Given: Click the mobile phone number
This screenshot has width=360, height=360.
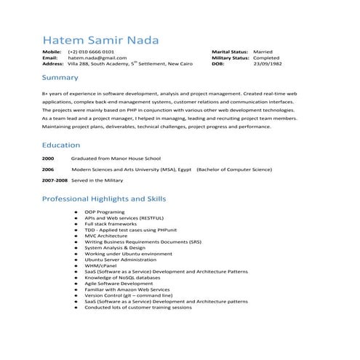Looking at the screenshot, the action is pos(90,53).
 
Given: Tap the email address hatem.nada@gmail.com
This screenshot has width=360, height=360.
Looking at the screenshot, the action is pos(92,59).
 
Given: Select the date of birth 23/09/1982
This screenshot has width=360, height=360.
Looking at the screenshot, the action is pos(265,64).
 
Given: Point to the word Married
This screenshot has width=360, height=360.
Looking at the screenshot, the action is pos(263,53).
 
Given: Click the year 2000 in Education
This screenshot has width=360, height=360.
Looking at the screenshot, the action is pos(48,158).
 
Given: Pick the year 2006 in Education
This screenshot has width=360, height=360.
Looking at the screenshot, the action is pos(48,168).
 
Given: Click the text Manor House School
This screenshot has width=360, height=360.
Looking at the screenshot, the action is pos(135,158).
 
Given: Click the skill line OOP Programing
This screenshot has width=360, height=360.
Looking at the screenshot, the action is pos(105,211).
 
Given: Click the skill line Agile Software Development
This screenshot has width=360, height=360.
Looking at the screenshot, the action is pos(119,284).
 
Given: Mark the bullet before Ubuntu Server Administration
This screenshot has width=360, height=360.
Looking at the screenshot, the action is pos(76,260).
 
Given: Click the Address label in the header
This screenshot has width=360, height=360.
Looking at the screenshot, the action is pos(53,64).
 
